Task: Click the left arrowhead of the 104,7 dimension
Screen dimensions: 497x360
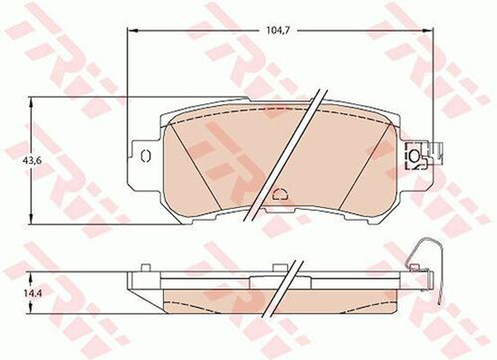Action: (133, 30)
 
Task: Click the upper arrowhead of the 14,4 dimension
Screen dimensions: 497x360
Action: (31, 278)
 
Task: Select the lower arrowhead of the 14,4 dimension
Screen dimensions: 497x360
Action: (31, 308)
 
